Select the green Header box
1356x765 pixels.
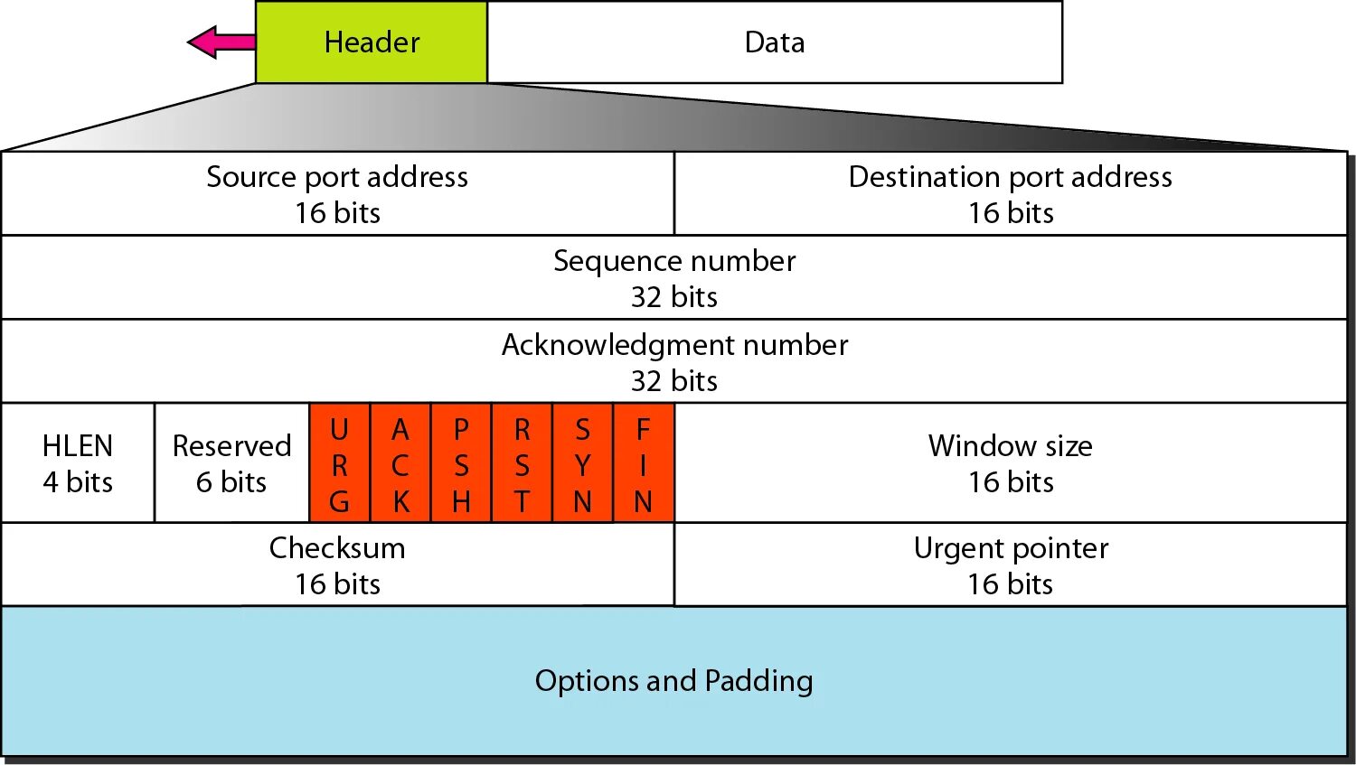[x=372, y=42]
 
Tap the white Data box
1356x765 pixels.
[x=774, y=42]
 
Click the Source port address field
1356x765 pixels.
[x=337, y=193]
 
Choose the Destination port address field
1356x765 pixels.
[x=1010, y=193]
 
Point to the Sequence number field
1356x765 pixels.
[x=674, y=277]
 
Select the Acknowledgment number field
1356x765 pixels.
[x=674, y=361]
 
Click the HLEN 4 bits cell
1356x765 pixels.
[x=78, y=462]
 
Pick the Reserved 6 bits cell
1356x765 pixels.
[x=231, y=462]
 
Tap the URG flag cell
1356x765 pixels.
[x=339, y=463]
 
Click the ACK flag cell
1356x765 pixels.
[x=400, y=463]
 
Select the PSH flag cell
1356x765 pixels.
[x=461, y=463]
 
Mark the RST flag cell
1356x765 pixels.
[x=522, y=463]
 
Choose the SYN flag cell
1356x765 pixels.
[x=582, y=463]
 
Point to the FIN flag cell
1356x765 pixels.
[x=643, y=463]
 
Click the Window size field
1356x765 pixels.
[x=1010, y=462]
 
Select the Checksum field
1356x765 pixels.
[x=337, y=564]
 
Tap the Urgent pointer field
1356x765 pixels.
[x=1010, y=564]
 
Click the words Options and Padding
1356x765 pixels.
[x=673, y=680]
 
